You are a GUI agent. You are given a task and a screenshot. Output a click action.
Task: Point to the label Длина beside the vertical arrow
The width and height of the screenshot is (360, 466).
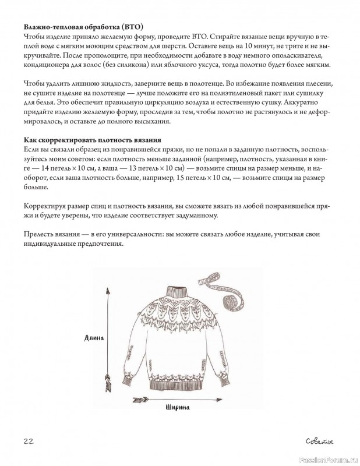[93, 337]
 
